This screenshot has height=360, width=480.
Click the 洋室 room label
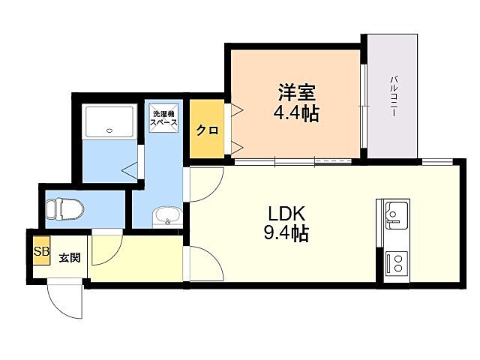[x=297, y=93]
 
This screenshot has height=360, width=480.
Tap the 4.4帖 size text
[x=297, y=114]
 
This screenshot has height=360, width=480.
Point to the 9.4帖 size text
[x=286, y=233]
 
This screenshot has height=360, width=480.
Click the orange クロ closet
[x=207, y=130]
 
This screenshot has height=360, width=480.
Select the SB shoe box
[x=39, y=251]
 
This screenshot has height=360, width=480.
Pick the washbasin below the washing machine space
[x=166, y=217]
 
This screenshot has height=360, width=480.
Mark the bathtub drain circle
[x=109, y=130]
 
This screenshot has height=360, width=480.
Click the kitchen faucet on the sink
[x=390, y=217]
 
